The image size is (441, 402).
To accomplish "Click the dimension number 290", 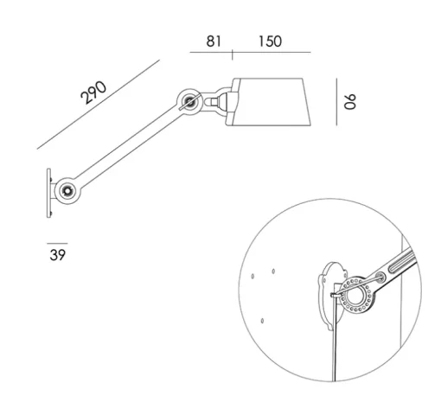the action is [93, 93].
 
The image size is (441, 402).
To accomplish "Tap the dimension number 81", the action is [214, 41].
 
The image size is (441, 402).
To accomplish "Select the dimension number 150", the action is [270, 41].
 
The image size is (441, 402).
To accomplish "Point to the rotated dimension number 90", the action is [350, 101].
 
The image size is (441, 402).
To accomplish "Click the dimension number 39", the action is [58, 255].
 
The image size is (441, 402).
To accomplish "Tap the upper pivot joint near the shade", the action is [189, 102].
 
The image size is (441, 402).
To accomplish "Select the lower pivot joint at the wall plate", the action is [67, 191].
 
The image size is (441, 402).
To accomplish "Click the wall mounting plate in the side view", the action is [48, 193].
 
